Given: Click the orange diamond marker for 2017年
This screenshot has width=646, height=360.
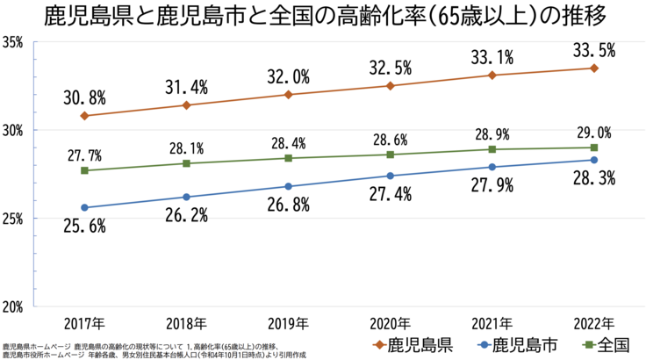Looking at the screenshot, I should [84, 116].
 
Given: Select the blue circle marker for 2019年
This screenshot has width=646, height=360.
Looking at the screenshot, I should [289, 186].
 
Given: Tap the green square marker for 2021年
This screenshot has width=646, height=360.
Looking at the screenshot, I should [492, 149].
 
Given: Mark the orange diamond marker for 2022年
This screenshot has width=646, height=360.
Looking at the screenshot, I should [594, 68].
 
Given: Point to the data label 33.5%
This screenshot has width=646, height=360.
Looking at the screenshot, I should [594, 50].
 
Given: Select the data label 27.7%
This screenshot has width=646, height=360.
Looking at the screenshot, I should [84, 155].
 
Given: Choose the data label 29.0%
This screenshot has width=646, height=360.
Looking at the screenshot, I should [593, 133].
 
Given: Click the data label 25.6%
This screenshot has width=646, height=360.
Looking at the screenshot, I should [85, 227].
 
